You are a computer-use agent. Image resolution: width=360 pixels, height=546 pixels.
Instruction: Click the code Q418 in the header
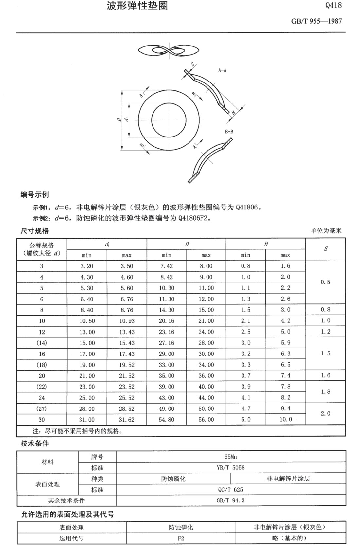(333, 5)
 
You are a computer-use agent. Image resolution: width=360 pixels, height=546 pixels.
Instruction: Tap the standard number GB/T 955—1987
(316, 21)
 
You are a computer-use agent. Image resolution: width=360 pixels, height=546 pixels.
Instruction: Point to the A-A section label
(222, 70)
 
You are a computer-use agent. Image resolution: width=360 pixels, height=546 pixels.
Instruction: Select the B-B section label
(229, 132)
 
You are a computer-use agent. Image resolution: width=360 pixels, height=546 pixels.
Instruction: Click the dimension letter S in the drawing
(193, 64)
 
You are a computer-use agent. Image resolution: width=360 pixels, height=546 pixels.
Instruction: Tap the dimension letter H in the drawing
(233, 113)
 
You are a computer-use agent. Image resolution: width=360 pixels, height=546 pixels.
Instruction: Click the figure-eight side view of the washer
(169, 51)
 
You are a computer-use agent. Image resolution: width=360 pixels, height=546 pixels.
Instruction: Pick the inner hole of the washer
(169, 119)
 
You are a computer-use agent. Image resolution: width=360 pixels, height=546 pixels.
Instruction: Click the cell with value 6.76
(127, 299)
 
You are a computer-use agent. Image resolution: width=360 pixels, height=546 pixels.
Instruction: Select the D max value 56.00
(206, 420)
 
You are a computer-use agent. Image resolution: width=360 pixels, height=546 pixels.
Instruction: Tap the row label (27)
(42, 409)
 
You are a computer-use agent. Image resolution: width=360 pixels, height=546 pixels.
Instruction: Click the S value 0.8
(325, 310)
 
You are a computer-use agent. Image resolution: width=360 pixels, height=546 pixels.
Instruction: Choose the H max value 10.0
(285, 420)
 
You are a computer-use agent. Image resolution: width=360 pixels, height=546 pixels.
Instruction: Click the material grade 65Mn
(230, 457)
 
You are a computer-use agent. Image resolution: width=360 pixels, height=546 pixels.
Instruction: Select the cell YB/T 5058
(230, 468)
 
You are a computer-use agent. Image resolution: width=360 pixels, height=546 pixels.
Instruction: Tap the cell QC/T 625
(230, 490)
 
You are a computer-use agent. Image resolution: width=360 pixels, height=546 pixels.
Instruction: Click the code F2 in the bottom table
(181, 538)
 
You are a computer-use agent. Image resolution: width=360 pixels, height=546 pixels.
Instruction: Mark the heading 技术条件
(35, 444)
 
